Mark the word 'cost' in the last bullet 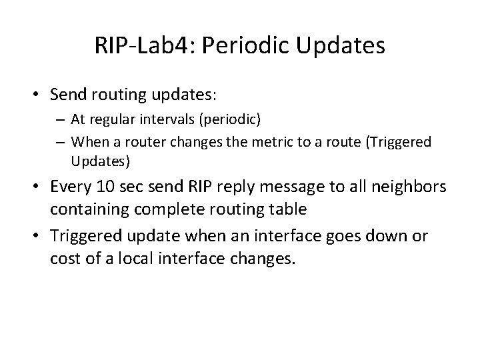click(x=63, y=257)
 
